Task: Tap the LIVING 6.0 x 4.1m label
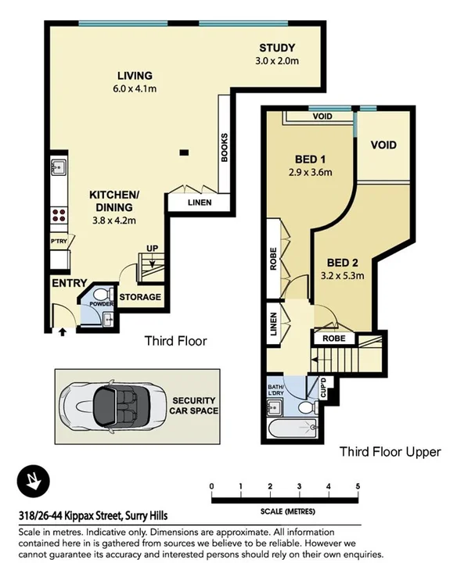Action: (135, 76)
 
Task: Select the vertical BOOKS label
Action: (224, 147)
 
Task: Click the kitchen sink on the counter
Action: (58, 167)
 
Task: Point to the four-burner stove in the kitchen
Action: (58, 215)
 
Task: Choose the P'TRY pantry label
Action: (59, 242)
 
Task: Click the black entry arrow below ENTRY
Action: (62, 332)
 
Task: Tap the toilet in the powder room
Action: (108, 317)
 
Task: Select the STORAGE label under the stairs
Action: (140, 297)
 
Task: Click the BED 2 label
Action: (343, 262)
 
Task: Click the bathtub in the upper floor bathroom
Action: (290, 428)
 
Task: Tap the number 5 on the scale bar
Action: (357, 487)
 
